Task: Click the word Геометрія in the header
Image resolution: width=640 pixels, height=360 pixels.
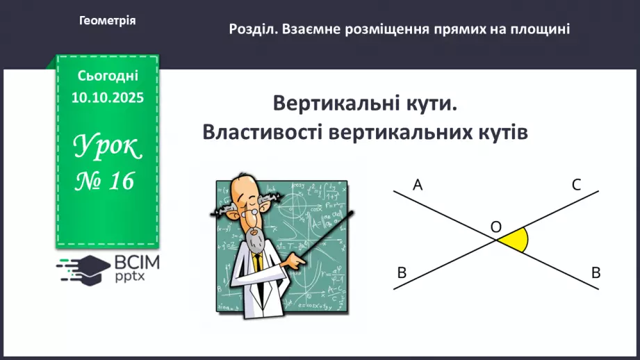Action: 108,21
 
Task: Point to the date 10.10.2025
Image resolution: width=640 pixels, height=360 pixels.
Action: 108,98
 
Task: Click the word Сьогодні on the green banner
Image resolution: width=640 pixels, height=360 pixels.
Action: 108,75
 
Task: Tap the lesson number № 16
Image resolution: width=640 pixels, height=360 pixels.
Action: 106,182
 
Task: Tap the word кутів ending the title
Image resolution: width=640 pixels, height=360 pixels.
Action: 499,132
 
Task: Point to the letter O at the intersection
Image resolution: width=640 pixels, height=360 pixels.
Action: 495,227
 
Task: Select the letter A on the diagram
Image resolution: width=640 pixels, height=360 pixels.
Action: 418,185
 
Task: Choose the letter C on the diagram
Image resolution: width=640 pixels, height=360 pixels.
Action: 576,185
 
